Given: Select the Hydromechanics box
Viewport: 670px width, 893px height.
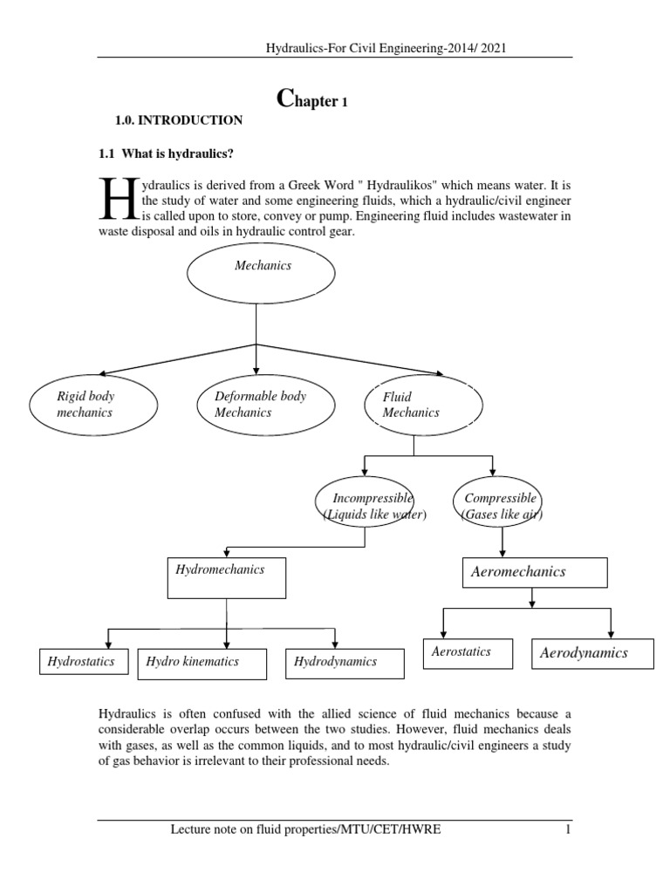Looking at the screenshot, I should (227, 578).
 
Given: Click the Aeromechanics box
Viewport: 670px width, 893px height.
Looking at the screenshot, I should (532, 573).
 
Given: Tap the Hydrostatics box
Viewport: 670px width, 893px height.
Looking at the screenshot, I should (84, 662).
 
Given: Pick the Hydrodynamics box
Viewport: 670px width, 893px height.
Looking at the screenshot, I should (345, 663).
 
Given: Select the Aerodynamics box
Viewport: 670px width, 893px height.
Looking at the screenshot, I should (592, 653).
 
